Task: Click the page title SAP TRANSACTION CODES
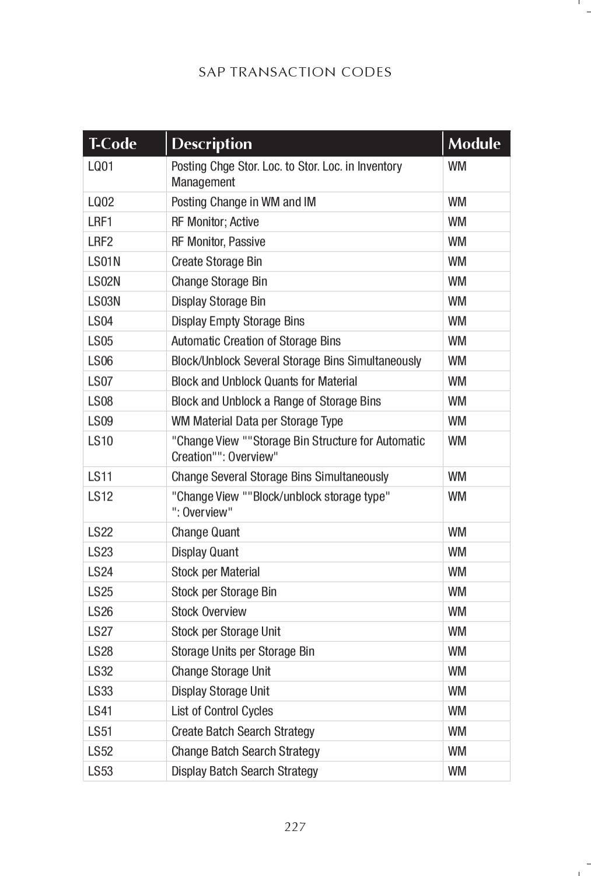point(295,72)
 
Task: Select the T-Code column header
point(113,144)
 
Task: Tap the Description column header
point(212,144)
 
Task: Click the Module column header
point(474,144)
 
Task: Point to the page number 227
point(295,826)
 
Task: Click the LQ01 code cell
point(101,166)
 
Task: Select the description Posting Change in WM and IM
point(243,202)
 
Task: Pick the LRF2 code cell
point(100,242)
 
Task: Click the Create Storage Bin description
point(216,262)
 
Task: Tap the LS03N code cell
point(104,301)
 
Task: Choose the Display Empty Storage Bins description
point(237,321)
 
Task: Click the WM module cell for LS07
point(457,381)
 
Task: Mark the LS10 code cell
point(100,441)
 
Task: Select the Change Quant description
point(205,532)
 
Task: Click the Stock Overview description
point(209,611)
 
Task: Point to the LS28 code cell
point(100,651)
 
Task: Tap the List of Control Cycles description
point(222,711)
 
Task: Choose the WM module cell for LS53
point(457,771)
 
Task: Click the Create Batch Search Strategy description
point(243,731)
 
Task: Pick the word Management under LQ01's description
point(203,182)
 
